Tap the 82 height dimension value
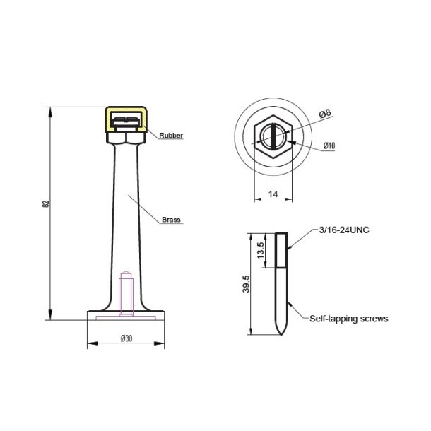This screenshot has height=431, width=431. click(x=46, y=205)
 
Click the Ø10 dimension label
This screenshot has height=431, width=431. click(x=329, y=146)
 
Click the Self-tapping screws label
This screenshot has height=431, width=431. click(x=349, y=319)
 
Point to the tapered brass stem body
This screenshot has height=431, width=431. click(x=125, y=212)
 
